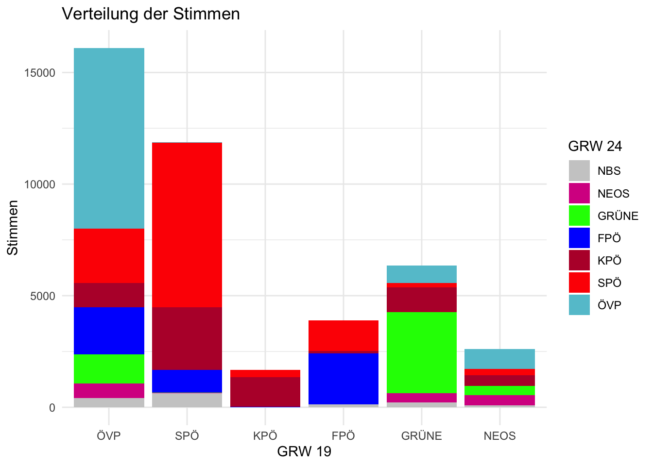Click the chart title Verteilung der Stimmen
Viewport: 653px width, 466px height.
pos(151,14)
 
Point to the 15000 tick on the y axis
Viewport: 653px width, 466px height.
pos(39,73)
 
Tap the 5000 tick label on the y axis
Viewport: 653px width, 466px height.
pos(42,296)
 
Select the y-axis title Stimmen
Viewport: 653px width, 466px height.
pos(13,228)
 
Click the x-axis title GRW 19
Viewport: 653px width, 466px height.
pos(304,451)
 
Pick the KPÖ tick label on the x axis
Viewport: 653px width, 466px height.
pos(265,435)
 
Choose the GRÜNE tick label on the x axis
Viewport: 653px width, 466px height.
pos(421,435)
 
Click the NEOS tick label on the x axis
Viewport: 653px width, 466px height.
pos(499,435)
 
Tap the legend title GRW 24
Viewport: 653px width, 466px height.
pos(595,146)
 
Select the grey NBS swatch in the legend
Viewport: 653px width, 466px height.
pos(579,171)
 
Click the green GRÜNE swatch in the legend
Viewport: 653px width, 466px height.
pos(579,216)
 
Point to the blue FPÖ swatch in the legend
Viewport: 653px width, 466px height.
pos(579,238)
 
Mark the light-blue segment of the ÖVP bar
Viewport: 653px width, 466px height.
pos(109,138)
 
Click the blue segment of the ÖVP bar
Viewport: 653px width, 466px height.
pos(109,331)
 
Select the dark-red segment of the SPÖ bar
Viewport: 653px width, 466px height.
pos(187,338)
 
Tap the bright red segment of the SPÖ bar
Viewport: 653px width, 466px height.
pos(187,225)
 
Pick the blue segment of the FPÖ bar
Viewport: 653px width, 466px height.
pos(344,378)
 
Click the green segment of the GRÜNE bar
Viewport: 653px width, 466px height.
pos(421,352)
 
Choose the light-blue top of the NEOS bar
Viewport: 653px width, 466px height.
pos(499,359)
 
